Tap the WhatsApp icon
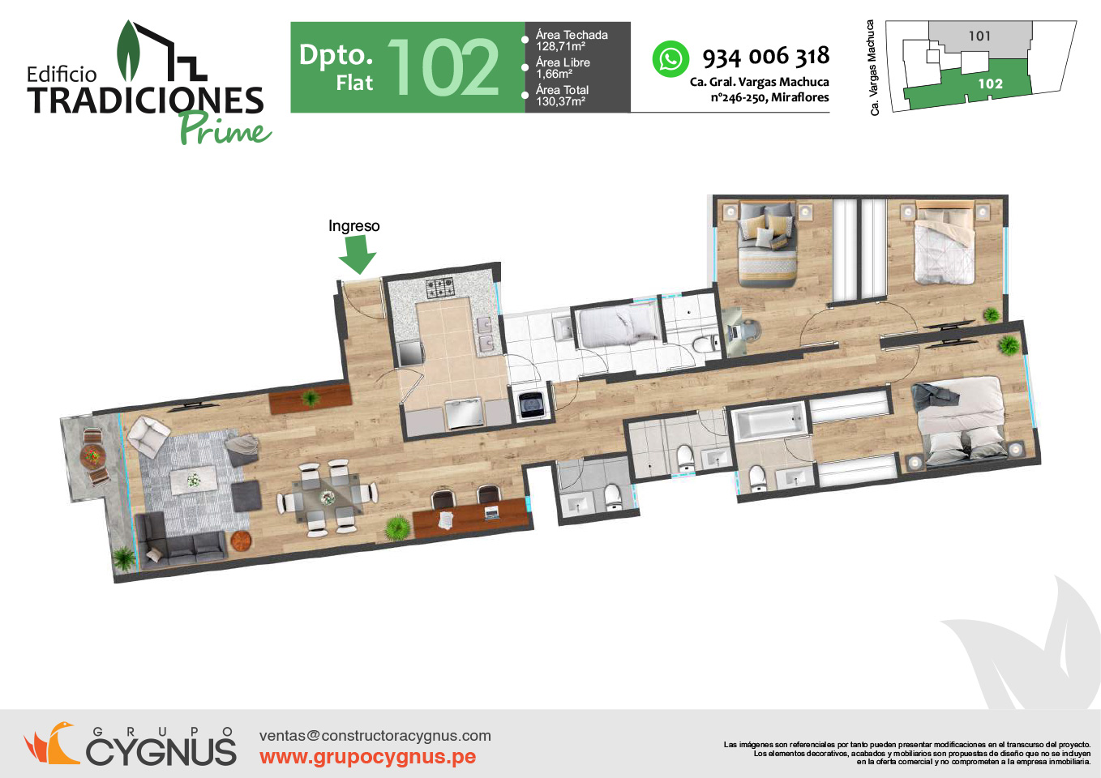coord(670,59)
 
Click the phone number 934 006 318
coord(766,57)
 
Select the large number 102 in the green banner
coord(443,67)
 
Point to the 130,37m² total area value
coord(560,101)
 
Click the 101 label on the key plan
coord(979,36)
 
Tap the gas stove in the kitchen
coord(439,289)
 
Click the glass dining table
coord(327,498)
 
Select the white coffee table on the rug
coord(193,480)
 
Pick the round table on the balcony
coord(92,455)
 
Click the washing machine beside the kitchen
coord(531,404)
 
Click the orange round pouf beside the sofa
coord(241,541)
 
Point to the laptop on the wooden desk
coord(492,513)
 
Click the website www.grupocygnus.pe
coord(367,757)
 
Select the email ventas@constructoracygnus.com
coord(375,735)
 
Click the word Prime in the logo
coord(225,128)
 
